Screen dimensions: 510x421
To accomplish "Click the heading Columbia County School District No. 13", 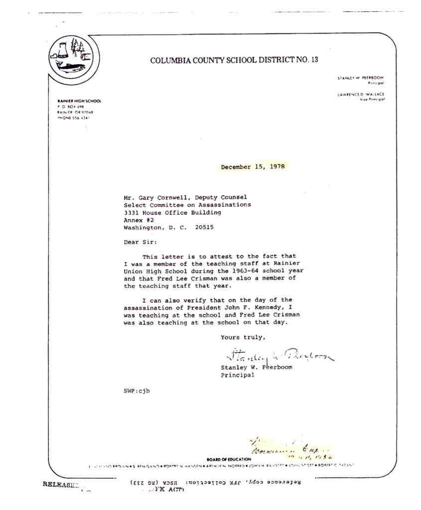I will click(x=234, y=61).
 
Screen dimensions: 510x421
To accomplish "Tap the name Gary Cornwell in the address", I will click(x=159, y=197).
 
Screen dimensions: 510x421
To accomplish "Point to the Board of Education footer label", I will click(x=229, y=459).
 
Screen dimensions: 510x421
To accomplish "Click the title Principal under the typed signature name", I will click(x=238, y=375).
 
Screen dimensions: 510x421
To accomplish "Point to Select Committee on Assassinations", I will click(x=187, y=205).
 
